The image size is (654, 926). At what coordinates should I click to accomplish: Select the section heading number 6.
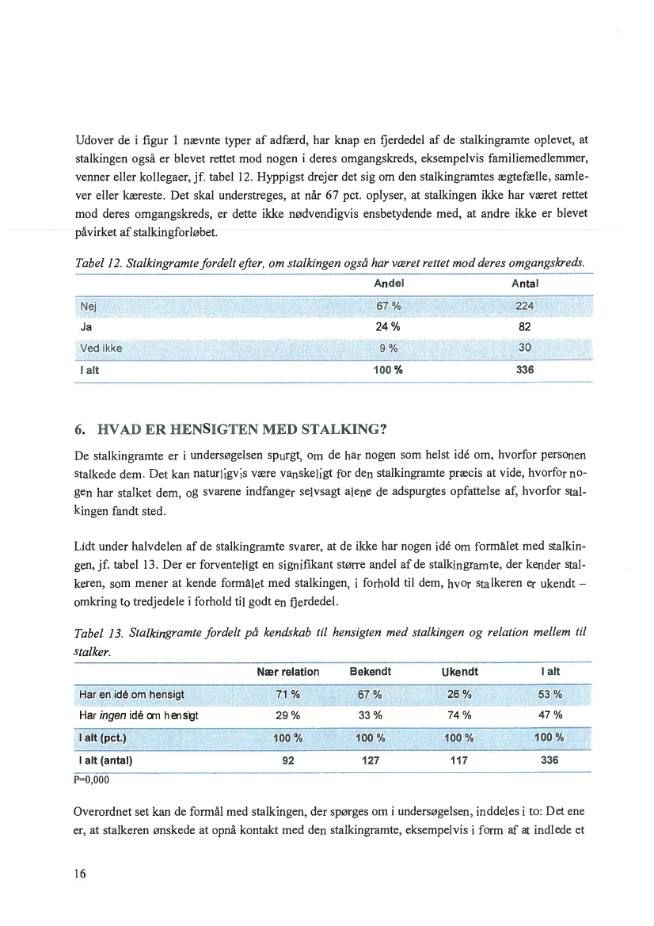click(78, 431)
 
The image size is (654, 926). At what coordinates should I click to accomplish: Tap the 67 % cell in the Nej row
click(386, 307)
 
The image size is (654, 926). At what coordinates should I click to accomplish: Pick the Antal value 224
click(524, 307)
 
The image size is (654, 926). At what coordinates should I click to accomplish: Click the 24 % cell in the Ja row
click(386, 327)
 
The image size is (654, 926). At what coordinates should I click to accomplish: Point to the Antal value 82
click(524, 327)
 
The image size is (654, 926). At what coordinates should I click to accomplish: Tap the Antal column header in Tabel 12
click(525, 284)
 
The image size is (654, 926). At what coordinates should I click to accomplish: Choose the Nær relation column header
click(288, 672)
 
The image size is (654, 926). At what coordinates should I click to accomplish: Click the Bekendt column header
click(371, 672)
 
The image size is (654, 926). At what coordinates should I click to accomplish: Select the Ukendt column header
click(459, 672)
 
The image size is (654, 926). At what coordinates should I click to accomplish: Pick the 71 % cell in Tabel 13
click(288, 695)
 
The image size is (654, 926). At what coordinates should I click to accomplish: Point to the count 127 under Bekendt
click(371, 760)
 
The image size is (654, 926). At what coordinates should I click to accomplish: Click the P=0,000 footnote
click(91, 779)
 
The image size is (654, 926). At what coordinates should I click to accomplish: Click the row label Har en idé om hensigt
click(131, 695)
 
